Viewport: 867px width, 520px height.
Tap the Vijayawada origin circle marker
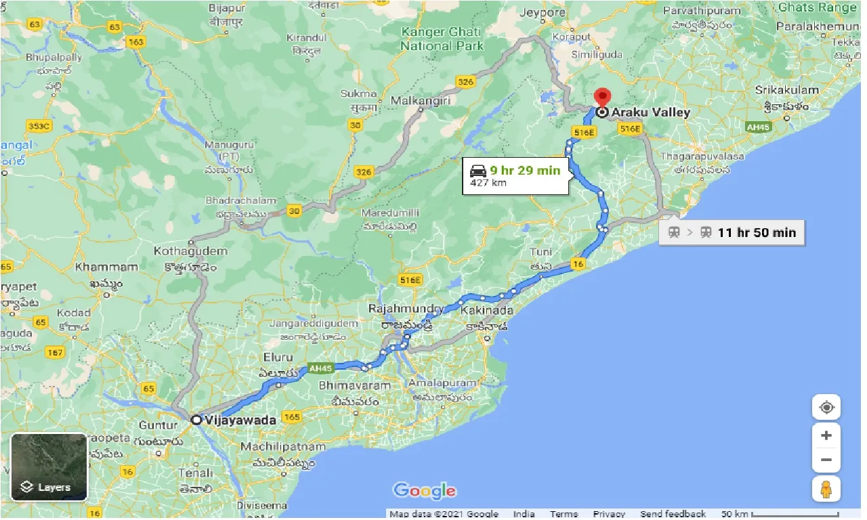[x=196, y=420]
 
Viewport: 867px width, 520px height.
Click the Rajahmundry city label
[x=406, y=309]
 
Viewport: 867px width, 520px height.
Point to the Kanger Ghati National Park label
[x=442, y=39]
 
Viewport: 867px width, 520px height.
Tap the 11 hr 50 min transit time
[x=757, y=232]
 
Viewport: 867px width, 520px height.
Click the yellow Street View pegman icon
[x=826, y=488]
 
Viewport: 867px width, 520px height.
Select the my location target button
[x=826, y=408]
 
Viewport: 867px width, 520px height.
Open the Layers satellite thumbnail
[x=49, y=467]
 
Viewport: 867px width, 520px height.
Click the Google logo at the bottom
[x=424, y=490]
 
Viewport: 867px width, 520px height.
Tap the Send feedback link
[x=673, y=514]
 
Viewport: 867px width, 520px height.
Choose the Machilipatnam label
[x=283, y=447]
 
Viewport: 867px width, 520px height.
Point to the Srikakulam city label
[x=787, y=90]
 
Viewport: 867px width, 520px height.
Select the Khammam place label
[x=107, y=267]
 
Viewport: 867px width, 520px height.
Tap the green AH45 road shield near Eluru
[x=320, y=368]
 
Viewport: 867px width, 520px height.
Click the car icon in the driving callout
[x=478, y=171]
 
